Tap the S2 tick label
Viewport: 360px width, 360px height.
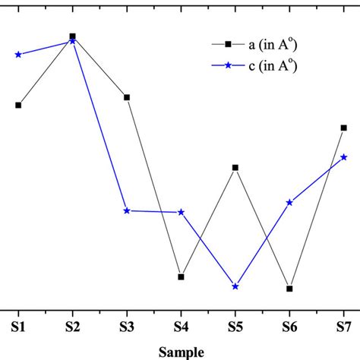pyautogui.click(x=72, y=327)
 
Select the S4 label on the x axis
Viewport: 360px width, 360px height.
pyautogui.click(x=181, y=327)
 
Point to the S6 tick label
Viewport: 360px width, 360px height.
pyautogui.click(x=289, y=327)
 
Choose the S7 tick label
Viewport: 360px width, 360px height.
pyautogui.click(x=343, y=327)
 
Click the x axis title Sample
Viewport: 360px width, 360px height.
pyautogui.click(x=181, y=352)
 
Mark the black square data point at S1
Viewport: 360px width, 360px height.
pyautogui.click(x=18, y=105)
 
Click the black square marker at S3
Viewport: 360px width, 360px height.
pyautogui.click(x=127, y=97)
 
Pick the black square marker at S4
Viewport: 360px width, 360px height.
pyautogui.click(x=181, y=276)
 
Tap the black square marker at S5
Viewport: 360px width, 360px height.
pyautogui.click(x=235, y=167)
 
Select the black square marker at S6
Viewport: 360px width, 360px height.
pyautogui.click(x=289, y=289)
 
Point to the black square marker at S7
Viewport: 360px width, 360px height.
pyautogui.click(x=343, y=128)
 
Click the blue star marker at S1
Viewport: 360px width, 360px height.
pyautogui.click(x=18, y=55)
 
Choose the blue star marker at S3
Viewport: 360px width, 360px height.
pyautogui.click(x=127, y=210)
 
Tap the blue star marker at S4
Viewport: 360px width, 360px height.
pyautogui.click(x=181, y=212)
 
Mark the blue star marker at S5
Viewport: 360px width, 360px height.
pyautogui.click(x=235, y=286)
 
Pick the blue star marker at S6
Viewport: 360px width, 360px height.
pyautogui.click(x=289, y=202)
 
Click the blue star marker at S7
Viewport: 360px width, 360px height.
pyautogui.click(x=343, y=157)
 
